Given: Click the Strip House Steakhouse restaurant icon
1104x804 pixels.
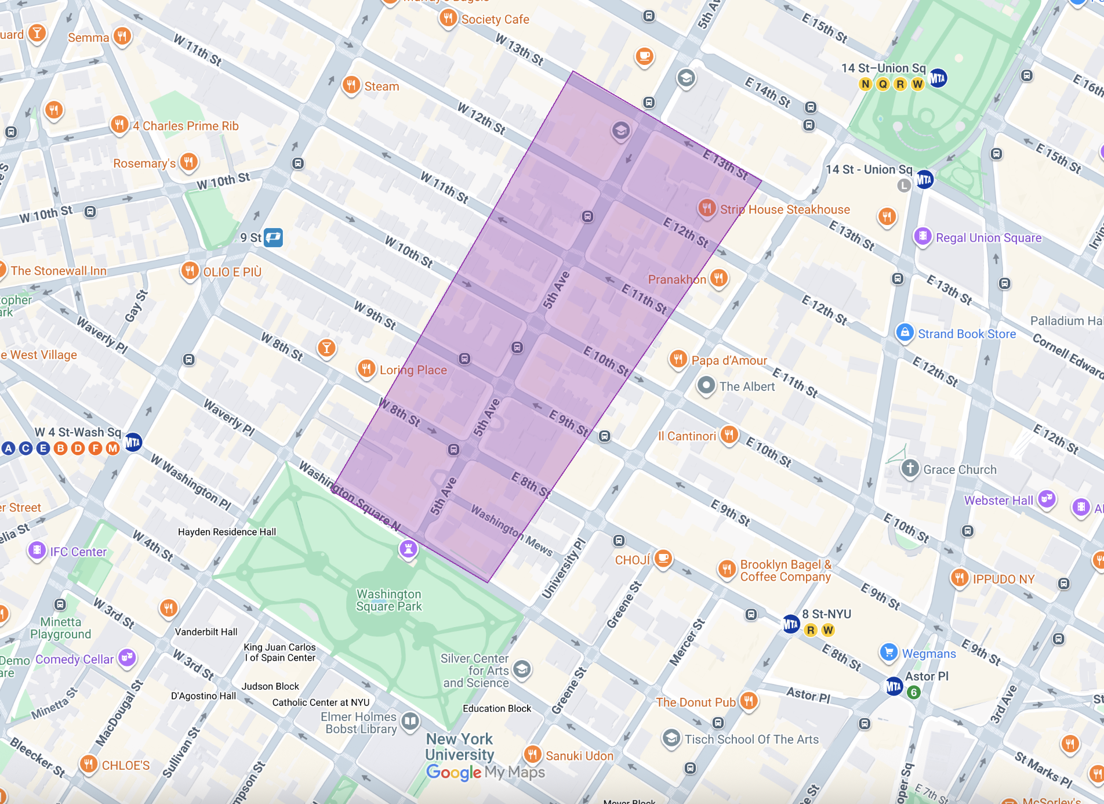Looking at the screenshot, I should point(706,208).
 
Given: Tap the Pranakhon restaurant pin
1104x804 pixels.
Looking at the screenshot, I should point(719,277).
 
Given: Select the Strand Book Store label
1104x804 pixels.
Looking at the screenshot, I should point(967,334).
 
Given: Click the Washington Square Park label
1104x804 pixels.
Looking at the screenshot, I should point(389,600).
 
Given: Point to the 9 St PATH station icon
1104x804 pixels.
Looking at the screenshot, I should point(274,237).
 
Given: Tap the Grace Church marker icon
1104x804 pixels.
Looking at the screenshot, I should point(910,468).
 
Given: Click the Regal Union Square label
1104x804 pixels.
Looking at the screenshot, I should point(989,238).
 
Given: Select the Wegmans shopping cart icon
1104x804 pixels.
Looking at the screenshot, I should point(888,652).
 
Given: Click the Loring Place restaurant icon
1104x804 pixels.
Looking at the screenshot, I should point(366,368).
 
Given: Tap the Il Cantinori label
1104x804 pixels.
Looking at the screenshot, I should point(687,436).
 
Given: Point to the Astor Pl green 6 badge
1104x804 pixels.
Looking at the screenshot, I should point(914,692).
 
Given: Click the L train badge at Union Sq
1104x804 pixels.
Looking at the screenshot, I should point(904,185).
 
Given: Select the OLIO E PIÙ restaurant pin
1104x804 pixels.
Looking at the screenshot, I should point(190,270).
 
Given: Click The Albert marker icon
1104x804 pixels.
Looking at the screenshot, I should point(706,385).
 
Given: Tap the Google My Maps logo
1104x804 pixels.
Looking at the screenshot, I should point(485,772).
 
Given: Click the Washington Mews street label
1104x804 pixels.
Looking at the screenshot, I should point(511,530).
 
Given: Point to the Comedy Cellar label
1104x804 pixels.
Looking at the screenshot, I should point(75,660).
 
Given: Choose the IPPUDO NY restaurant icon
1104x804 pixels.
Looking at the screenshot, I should point(960,578).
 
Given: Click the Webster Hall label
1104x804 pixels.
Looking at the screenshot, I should point(998,501).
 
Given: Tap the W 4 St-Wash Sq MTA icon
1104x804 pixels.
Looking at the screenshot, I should point(133,443).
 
